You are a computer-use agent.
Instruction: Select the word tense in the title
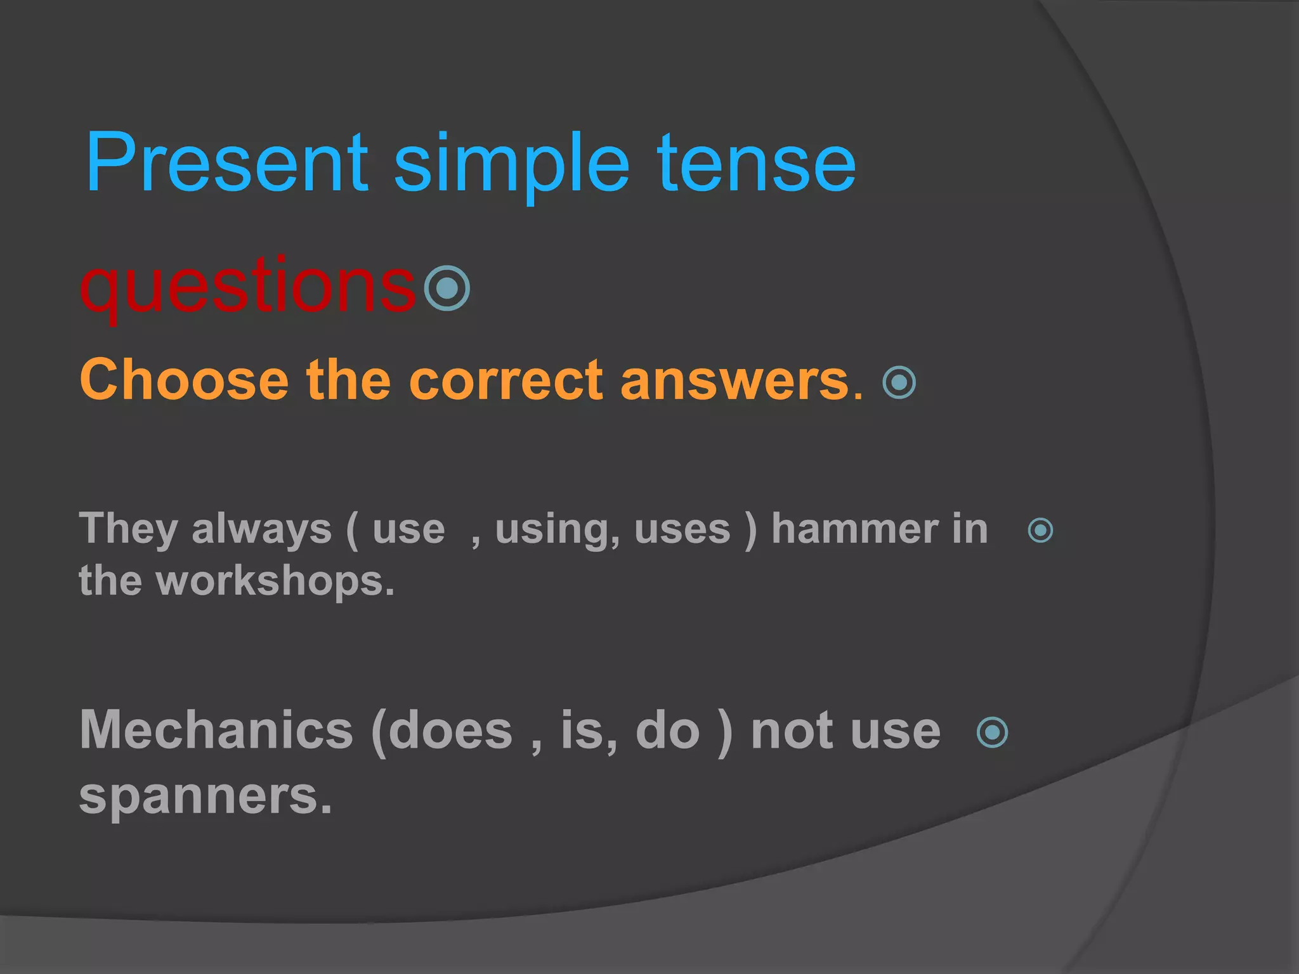(756, 164)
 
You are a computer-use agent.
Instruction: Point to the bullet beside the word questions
(447, 289)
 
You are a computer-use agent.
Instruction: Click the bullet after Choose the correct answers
(899, 382)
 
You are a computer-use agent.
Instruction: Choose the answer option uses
(682, 530)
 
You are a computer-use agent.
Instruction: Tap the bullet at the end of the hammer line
(1040, 530)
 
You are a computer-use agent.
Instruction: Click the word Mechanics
(216, 730)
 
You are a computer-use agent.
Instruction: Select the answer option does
(450, 730)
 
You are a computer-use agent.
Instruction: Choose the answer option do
(667, 730)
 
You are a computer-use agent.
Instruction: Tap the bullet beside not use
(993, 732)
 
